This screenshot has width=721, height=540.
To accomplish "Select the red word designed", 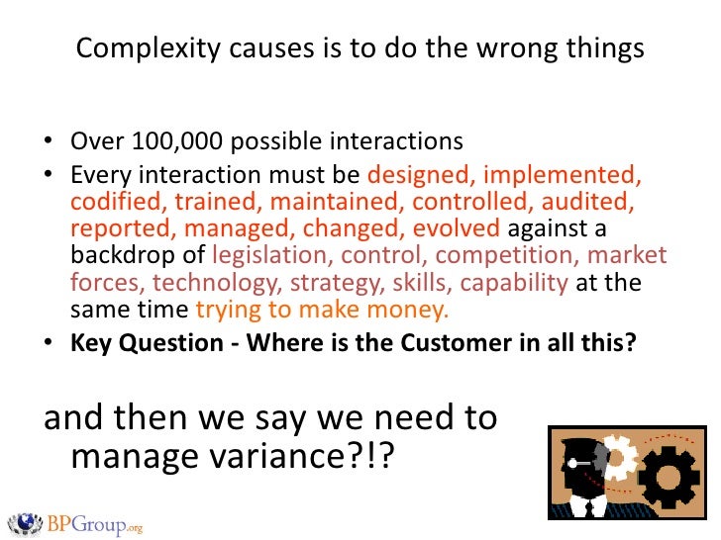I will [412, 176].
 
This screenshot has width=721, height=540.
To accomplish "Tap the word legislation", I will [263, 256].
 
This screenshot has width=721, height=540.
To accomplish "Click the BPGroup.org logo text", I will [95, 523].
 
